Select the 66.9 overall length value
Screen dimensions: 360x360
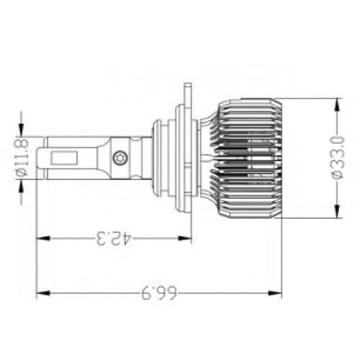point(159,293)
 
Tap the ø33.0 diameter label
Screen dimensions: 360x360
point(338,158)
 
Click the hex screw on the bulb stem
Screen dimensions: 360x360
point(120,158)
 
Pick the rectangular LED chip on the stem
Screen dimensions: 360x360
point(64,158)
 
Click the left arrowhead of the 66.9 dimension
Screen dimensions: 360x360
point(43,293)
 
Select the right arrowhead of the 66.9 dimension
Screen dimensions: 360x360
point(274,293)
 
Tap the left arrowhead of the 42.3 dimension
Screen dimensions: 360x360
point(43,238)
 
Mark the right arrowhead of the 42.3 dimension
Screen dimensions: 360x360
point(184,238)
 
